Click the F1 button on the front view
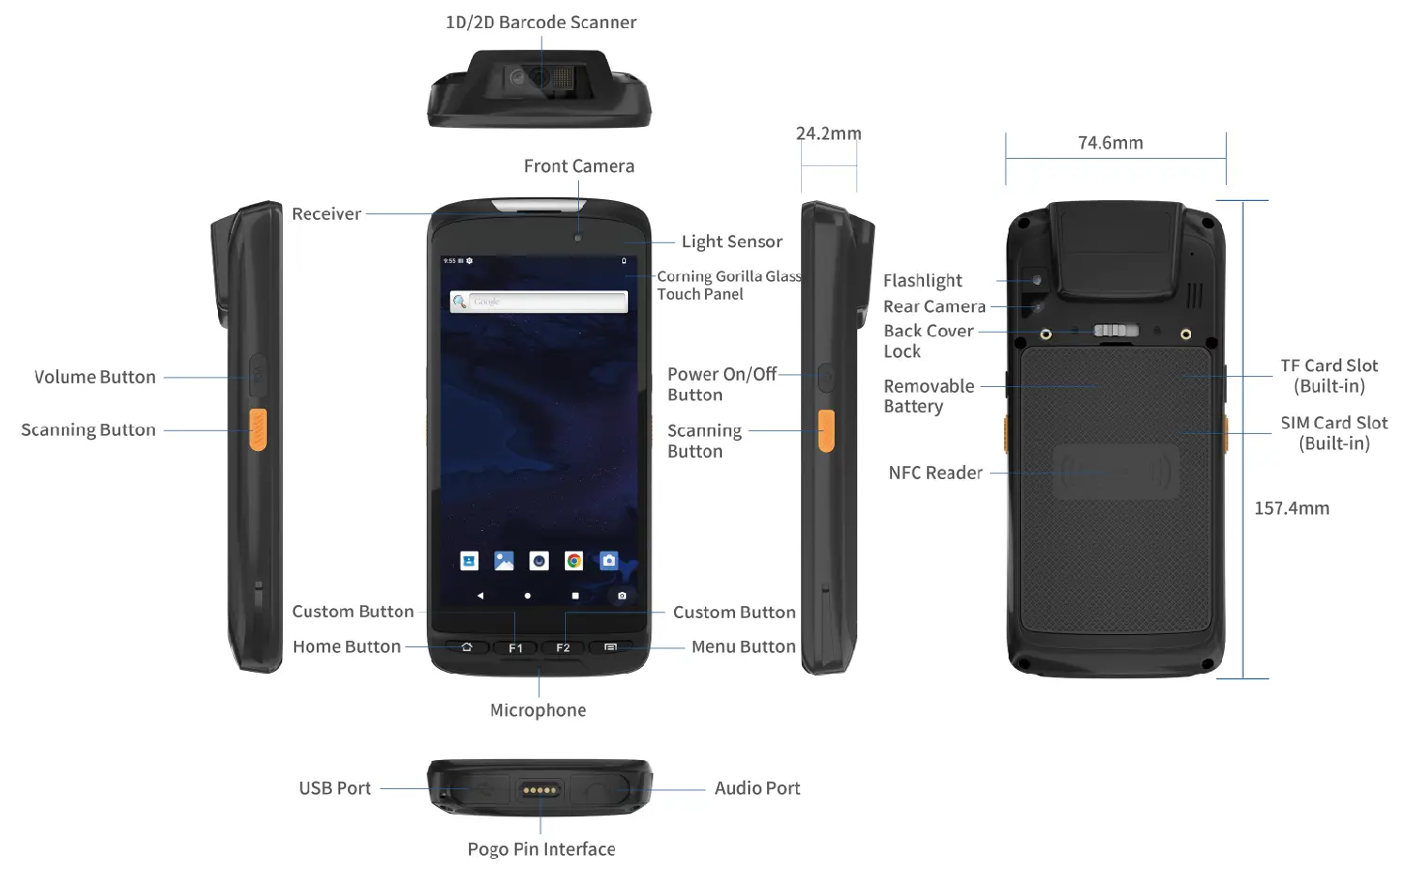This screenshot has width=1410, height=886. [x=515, y=647]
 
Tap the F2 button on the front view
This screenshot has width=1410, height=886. [x=563, y=647]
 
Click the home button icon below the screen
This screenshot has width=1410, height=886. [x=466, y=646]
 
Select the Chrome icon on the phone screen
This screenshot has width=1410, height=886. [x=573, y=561]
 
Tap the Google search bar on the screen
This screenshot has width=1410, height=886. [x=539, y=302]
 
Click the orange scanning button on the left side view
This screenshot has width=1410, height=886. [x=258, y=429]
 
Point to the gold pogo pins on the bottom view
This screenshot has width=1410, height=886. [x=540, y=790]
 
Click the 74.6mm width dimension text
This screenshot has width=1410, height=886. [x=1110, y=143]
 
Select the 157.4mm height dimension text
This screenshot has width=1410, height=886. [x=1292, y=507]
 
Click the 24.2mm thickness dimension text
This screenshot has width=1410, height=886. [x=828, y=133]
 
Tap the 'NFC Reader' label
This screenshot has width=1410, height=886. [x=935, y=473]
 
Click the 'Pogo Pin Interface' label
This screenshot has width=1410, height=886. [x=541, y=848]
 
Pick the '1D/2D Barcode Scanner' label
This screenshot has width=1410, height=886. [x=541, y=22]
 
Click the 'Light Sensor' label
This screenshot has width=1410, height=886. [x=732, y=241]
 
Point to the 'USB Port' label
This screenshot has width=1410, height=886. [x=335, y=788]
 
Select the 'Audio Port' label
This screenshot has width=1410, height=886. [x=758, y=788]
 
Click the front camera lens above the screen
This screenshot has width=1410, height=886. [x=578, y=238]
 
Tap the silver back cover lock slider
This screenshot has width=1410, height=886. [x=1116, y=331]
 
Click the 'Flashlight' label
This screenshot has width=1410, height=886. [x=923, y=280]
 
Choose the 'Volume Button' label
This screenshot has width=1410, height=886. [x=94, y=377]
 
